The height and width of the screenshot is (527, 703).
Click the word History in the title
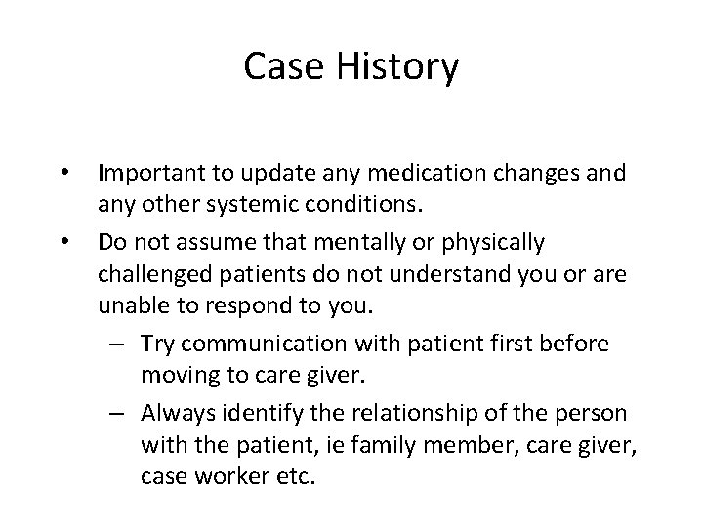[x=401, y=67]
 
